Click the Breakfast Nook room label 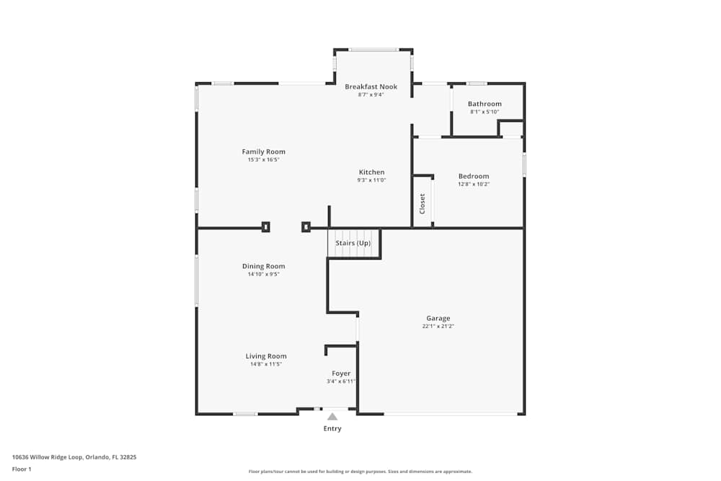(x=371, y=87)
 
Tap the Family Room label (x=263, y=151)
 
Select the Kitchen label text (x=371, y=172)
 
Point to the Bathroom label (x=485, y=104)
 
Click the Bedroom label (x=474, y=176)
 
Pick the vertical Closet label (x=423, y=204)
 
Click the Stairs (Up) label (x=353, y=243)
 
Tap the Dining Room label (x=263, y=266)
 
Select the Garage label (x=438, y=318)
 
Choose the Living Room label (x=266, y=356)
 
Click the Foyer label (x=341, y=374)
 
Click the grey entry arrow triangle (x=332, y=416)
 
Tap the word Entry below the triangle (x=332, y=428)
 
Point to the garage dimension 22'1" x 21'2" (x=438, y=326)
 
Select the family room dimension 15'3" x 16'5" (x=263, y=159)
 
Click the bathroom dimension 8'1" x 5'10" (x=485, y=112)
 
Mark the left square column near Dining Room (x=265, y=226)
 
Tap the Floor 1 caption (x=22, y=469)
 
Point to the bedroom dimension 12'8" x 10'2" (x=474, y=184)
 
